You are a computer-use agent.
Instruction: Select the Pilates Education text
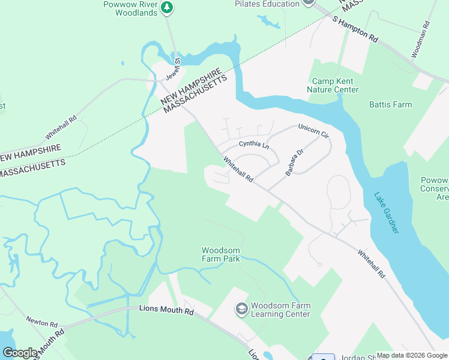tap(267, 4)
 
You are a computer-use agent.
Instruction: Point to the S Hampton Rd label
tap(355, 29)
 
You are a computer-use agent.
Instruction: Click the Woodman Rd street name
tap(421, 40)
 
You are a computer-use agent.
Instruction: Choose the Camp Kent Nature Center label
tap(333, 85)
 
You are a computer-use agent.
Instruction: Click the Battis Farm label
tap(390, 104)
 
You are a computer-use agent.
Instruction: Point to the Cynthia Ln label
tap(254, 145)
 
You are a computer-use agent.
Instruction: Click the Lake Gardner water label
tap(386, 212)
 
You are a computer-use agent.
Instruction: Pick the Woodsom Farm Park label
tap(221, 254)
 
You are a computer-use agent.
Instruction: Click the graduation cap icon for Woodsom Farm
tap(241, 309)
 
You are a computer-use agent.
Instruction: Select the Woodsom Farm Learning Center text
tap(280, 310)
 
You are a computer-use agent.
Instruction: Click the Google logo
tap(20, 352)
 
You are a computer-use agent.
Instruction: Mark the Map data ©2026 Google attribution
tap(412, 355)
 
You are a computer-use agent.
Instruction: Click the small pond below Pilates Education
tap(268, 22)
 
